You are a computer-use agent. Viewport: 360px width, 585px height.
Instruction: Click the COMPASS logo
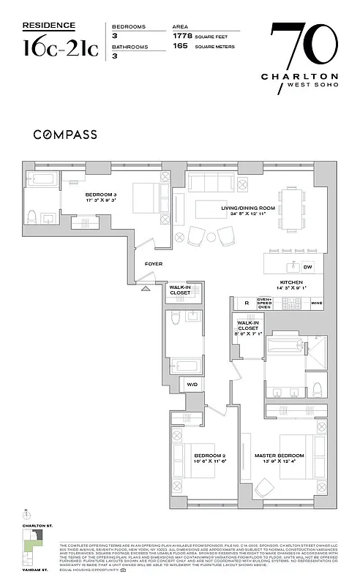[66, 135]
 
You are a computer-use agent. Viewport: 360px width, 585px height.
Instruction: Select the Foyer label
[153, 263]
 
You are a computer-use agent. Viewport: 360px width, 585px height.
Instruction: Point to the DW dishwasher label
[307, 268]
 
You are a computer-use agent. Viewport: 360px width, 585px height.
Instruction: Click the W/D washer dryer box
[192, 383]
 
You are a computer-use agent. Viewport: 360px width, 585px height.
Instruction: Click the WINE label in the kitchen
[316, 302]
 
